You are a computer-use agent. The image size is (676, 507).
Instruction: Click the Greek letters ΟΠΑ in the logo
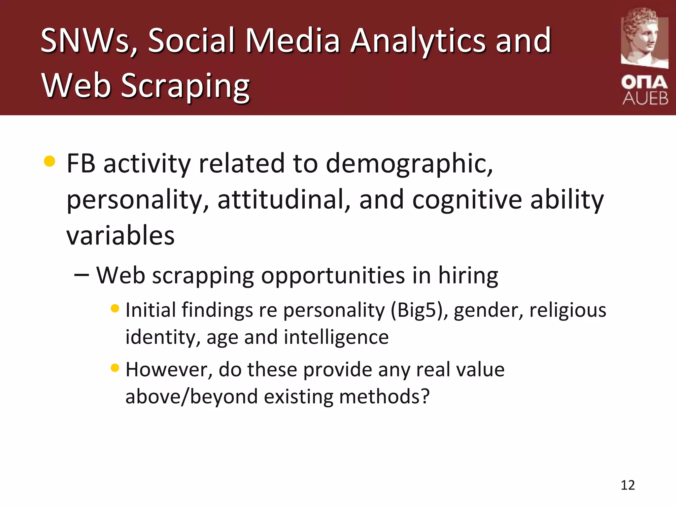point(644,82)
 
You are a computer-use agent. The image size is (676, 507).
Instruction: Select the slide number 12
point(627,485)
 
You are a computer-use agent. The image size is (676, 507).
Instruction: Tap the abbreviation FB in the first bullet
point(81,163)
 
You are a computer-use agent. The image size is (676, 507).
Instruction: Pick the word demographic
point(409,164)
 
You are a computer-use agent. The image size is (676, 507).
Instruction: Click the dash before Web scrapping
point(82,275)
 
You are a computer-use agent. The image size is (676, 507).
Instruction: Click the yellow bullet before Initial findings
point(115,309)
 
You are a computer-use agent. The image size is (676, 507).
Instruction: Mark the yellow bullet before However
point(115,368)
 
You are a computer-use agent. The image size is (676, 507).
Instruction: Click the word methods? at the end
point(384,396)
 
